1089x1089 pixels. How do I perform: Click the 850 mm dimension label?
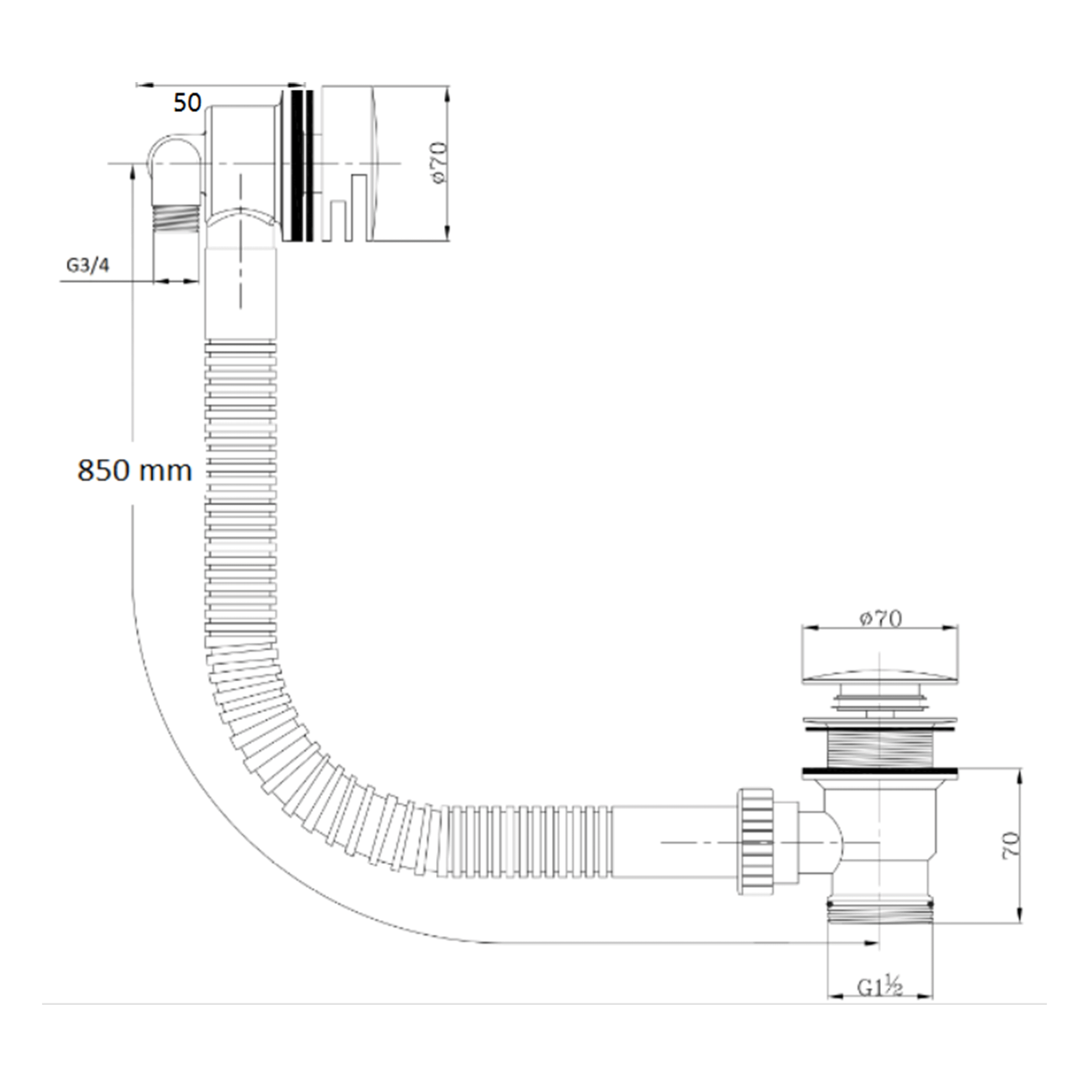click(135, 471)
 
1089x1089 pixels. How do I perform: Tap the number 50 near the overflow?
click(187, 103)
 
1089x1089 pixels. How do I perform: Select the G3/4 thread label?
click(88, 265)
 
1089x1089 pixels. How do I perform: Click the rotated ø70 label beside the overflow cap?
click(439, 162)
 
